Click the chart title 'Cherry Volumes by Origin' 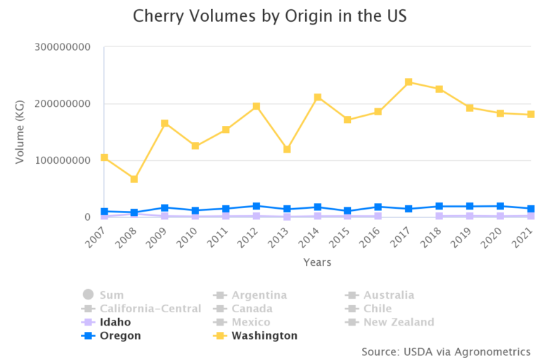pos(269,15)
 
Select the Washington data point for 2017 pos(409,82)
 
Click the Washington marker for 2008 pos(134,179)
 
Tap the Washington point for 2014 pos(318,98)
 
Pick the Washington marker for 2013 pos(287,150)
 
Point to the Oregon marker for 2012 pos(257,207)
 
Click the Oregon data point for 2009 pos(165,208)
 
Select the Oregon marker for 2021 pos(531,209)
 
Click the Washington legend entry pos(264,335)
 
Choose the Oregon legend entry pos(120,335)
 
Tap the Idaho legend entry pos(115,322)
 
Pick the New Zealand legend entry pos(398,322)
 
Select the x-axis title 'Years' pos(317,262)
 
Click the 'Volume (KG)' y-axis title pos(20,132)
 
